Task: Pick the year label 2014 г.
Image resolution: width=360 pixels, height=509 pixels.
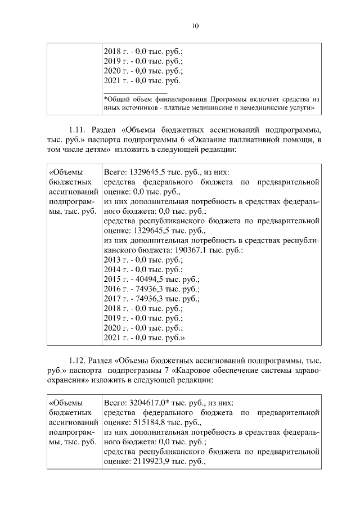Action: (x=113, y=269)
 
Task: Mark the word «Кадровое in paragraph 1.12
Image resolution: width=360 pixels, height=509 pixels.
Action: (x=197, y=370)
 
